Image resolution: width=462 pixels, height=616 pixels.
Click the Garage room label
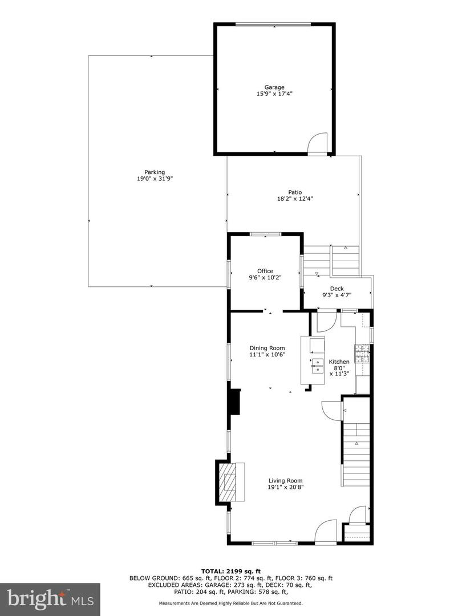(x=274, y=87)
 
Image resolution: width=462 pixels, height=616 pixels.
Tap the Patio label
(x=294, y=192)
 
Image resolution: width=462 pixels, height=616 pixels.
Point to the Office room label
(x=265, y=271)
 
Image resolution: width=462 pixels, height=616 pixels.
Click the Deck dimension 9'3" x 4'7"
(x=337, y=295)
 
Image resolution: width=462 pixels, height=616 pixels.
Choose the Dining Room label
(x=267, y=347)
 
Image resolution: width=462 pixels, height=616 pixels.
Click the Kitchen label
(x=339, y=362)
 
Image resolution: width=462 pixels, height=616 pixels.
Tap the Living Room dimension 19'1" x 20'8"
(x=286, y=487)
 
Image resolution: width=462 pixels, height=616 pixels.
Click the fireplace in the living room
(x=231, y=482)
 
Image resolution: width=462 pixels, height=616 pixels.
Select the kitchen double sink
(x=316, y=365)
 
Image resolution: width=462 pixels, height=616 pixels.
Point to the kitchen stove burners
(x=362, y=354)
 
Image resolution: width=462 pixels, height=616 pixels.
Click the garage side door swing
(x=317, y=144)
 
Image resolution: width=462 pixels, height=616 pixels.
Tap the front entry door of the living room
(x=328, y=532)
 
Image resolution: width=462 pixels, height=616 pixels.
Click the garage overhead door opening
(x=274, y=25)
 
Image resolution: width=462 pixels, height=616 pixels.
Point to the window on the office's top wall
(x=265, y=234)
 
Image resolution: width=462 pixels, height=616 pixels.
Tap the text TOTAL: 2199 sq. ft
(x=230, y=571)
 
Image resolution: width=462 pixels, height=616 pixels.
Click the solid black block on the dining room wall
(x=234, y=404)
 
